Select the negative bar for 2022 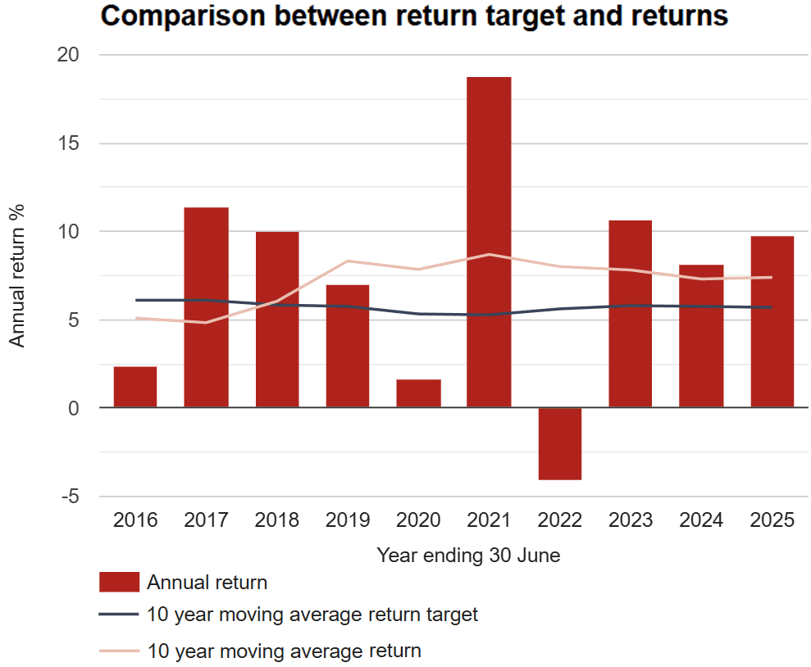click(559, 443)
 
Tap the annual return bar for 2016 click(135, 387)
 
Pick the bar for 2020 click(418, 393)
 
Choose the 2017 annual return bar click(206, 307)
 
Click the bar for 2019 click(348, 346)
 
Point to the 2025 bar click(772, 321)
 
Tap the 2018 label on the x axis click(277, 520)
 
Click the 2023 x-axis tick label click(631, 520)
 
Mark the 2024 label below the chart click(701, 520)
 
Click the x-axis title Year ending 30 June click(468, 556)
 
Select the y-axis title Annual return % click(17, 275)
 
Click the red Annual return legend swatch click(119, 583)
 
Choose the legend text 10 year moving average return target click(312, 614)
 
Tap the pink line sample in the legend click(119, 651)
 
